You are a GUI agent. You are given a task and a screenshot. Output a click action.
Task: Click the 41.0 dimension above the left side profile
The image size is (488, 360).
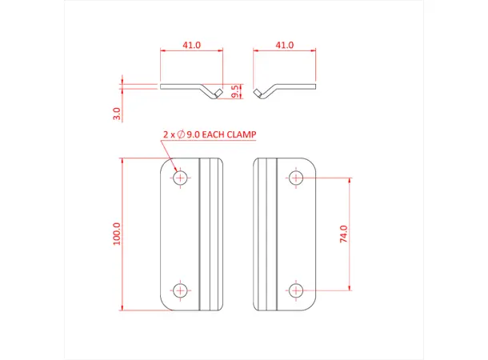[192, 46]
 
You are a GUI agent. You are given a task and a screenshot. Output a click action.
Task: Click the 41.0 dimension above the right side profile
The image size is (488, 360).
[285, 46]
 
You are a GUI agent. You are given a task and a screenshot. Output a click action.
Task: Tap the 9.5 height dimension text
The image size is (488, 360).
[234, 92]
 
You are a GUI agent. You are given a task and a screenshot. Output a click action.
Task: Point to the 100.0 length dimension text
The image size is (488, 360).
[117, 234]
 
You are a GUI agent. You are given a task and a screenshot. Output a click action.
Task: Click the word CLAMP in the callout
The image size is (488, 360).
[241, 135]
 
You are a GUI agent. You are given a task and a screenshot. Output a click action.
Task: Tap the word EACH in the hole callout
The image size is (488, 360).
[211, 135]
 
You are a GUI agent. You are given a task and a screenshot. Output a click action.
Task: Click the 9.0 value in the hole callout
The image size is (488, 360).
[191, 135]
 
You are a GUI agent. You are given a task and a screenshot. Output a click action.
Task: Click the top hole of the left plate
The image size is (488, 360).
[182, 177]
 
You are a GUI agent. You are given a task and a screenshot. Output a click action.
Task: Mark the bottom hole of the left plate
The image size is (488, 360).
[182, 290]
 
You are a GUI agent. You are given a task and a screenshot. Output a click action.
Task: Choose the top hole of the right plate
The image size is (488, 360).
[297, 177]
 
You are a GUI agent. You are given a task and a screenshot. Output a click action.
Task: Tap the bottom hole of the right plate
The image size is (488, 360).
[297, 290]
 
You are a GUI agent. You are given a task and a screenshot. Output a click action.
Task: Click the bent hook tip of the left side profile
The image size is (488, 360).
[217, 95]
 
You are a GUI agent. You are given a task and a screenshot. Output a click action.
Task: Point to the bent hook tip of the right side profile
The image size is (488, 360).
[258, 94]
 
